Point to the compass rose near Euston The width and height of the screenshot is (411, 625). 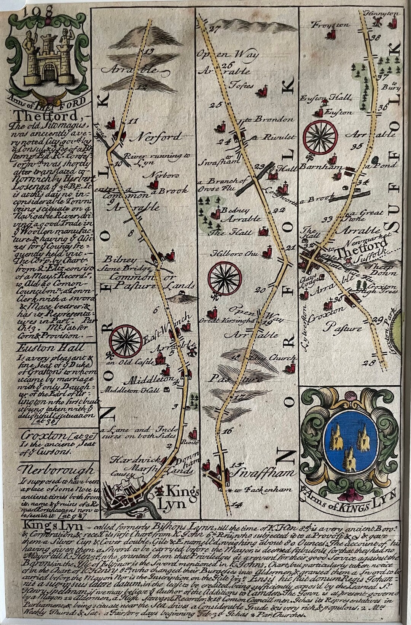pos(321,137)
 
